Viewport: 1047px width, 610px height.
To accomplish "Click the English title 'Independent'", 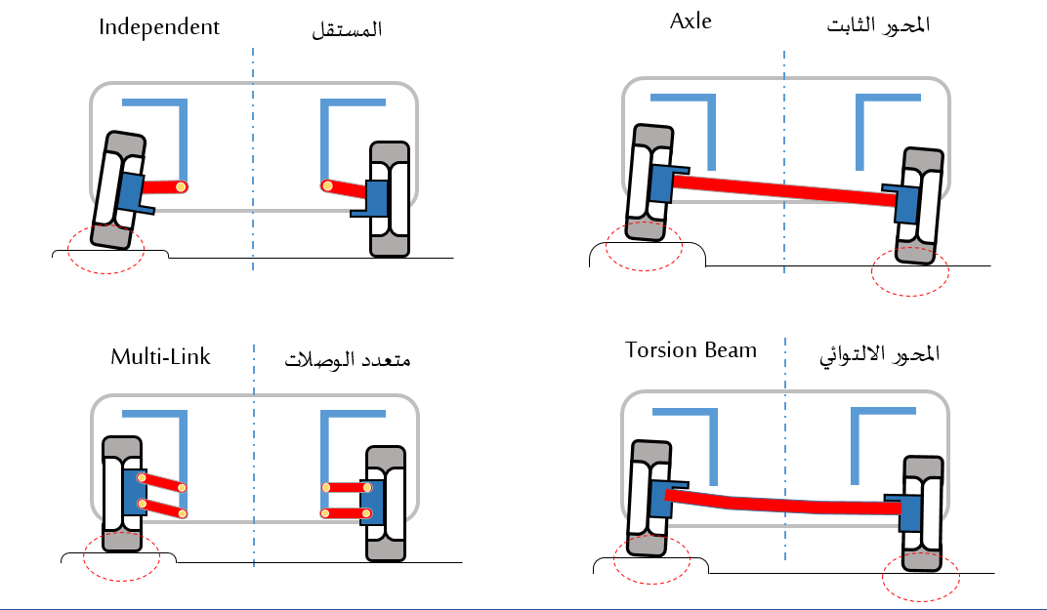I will [159, 26].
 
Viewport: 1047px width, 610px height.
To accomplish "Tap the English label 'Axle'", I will [691, 21].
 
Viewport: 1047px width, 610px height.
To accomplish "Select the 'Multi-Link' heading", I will [160, 356].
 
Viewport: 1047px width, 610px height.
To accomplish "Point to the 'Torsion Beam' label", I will [691, 349].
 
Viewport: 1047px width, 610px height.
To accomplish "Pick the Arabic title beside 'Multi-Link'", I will [347, 359].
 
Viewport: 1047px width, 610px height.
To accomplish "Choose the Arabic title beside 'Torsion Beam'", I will [879, 353].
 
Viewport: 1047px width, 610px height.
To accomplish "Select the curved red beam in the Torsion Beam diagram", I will [781, 504].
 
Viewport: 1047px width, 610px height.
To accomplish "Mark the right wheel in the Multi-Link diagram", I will [385, 503].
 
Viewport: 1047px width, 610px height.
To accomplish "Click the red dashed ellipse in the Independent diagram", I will [105, 246].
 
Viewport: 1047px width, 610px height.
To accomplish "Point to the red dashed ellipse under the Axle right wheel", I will [909, 269].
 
